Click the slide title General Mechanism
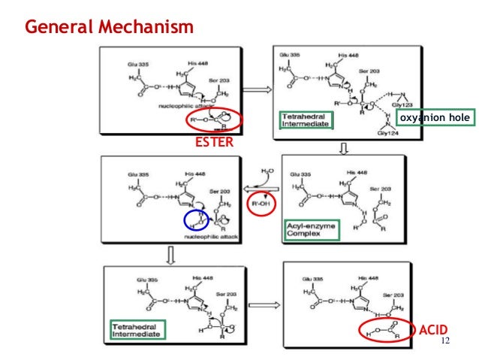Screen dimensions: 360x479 coord(110,27)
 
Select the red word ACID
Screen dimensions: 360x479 coord(433,328)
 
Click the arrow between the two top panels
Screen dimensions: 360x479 coord(255,90)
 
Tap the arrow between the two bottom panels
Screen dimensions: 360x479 coord(258,304)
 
